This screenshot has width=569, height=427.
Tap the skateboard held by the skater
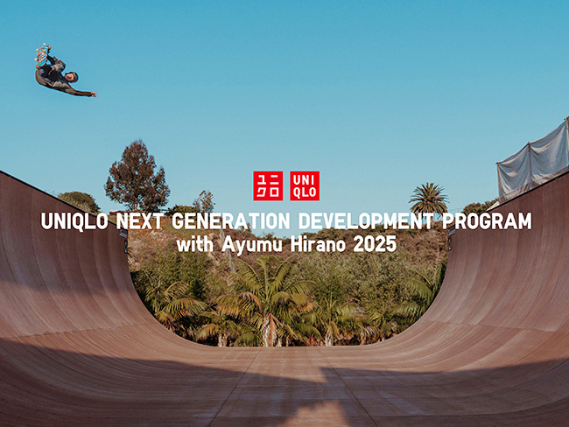pos(42,55)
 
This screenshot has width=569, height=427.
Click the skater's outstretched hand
pos(94,94)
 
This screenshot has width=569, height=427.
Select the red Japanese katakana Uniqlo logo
pos(268,185)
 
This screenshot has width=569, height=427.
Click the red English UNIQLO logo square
pos(305,185)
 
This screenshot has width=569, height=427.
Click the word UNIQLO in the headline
pos(74,220)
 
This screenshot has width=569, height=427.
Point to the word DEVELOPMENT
pos(366,220)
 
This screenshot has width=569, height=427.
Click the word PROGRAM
pos(487,220)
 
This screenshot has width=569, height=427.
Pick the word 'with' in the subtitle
pos(195,245)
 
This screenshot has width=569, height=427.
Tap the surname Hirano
pos(318,245)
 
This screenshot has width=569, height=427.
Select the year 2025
pos(375,245)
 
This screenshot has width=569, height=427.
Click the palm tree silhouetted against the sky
pos(429,198)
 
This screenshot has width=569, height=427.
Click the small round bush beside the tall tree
pos(79,202)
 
